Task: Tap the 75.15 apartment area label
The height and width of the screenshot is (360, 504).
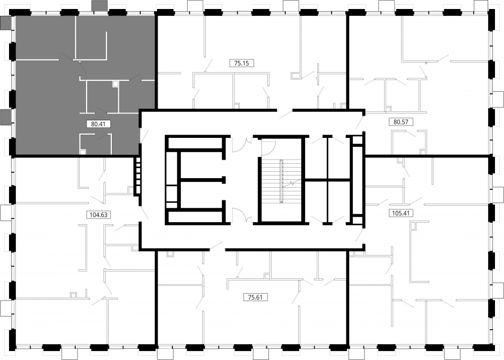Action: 242,63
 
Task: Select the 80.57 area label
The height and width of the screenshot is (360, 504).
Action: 401,122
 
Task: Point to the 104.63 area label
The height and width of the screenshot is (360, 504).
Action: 99,215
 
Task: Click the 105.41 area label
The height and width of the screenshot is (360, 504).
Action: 401,213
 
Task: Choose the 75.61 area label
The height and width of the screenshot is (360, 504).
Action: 255,297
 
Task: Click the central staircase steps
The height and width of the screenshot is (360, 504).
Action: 281,181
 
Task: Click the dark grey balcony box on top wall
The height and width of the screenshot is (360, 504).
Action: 100,5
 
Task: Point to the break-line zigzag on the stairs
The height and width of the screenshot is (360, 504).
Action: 291,184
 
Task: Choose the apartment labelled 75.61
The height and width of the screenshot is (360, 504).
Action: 253,298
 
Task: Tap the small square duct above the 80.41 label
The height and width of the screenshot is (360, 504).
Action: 116,84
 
